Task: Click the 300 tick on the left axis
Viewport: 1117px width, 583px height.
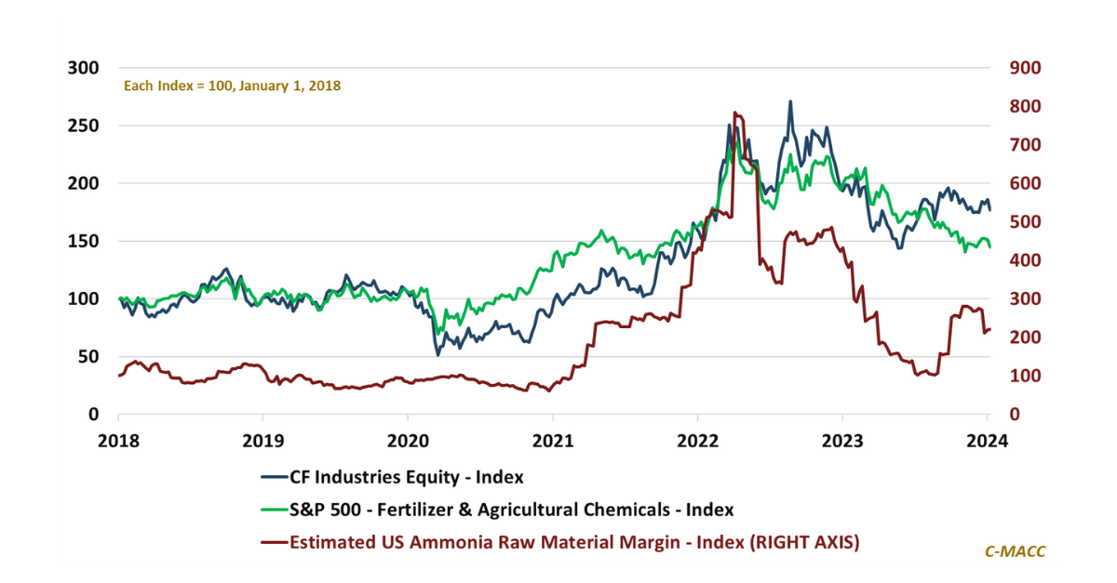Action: click(85, 68)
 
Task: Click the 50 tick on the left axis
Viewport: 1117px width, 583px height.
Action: click(88, 356)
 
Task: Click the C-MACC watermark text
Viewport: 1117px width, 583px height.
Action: click(1016, 551)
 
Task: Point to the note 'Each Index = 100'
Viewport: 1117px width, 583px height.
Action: click(233, 86)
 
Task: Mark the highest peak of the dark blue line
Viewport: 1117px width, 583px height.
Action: click(790, 101)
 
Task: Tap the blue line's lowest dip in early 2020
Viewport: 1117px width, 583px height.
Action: click(437, 354)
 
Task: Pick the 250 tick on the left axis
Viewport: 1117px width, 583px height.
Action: click(85, 126)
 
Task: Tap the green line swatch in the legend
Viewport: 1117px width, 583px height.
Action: click(273, 509)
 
